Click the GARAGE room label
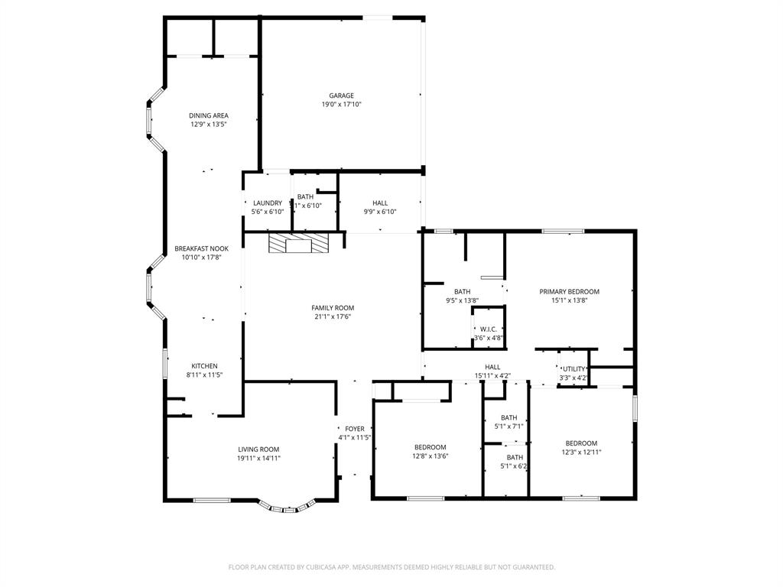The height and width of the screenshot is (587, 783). pyautogui.click(x=341, y=96)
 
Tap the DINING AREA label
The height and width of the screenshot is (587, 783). pyautogui.click(x=209, y=115)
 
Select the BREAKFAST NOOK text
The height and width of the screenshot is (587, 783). pyautogui.click(x=201, y=248)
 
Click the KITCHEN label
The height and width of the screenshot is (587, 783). pyautogui.click(x=204, y=366)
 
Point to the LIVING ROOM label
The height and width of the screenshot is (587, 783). pyautogui.click(x=258, y=449)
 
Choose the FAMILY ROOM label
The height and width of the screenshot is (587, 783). pyautogui.click(x=333, y=308)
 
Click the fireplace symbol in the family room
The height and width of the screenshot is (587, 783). pyautogui.click(x=297, y=244)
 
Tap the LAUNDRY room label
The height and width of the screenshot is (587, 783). pyautogui.click(x=268, y=203)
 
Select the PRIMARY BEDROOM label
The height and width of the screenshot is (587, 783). pyautogui.click(x=569, y=291)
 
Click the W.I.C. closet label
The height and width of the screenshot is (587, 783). pyautogui.click(x=488, y=329)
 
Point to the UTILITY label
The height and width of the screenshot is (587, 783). pyautogui.click(x=573, y=369)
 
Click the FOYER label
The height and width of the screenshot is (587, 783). pyautogui.click(x=355, y=429)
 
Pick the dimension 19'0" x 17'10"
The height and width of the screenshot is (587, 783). pyautogui.click(x=341, y=105)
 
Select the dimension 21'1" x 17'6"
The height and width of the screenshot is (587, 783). pyautogui.click(x=333, y=317)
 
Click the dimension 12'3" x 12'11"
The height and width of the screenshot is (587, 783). pyautogui.click(x=581, y=452)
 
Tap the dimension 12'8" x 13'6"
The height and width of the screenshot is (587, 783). pyautogui.click(x=430, y=456)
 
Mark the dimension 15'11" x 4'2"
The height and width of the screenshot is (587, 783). pyautogui.click(x=492, y=376)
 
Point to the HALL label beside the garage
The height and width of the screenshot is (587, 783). pyautogui.click(x=380, y=203)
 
